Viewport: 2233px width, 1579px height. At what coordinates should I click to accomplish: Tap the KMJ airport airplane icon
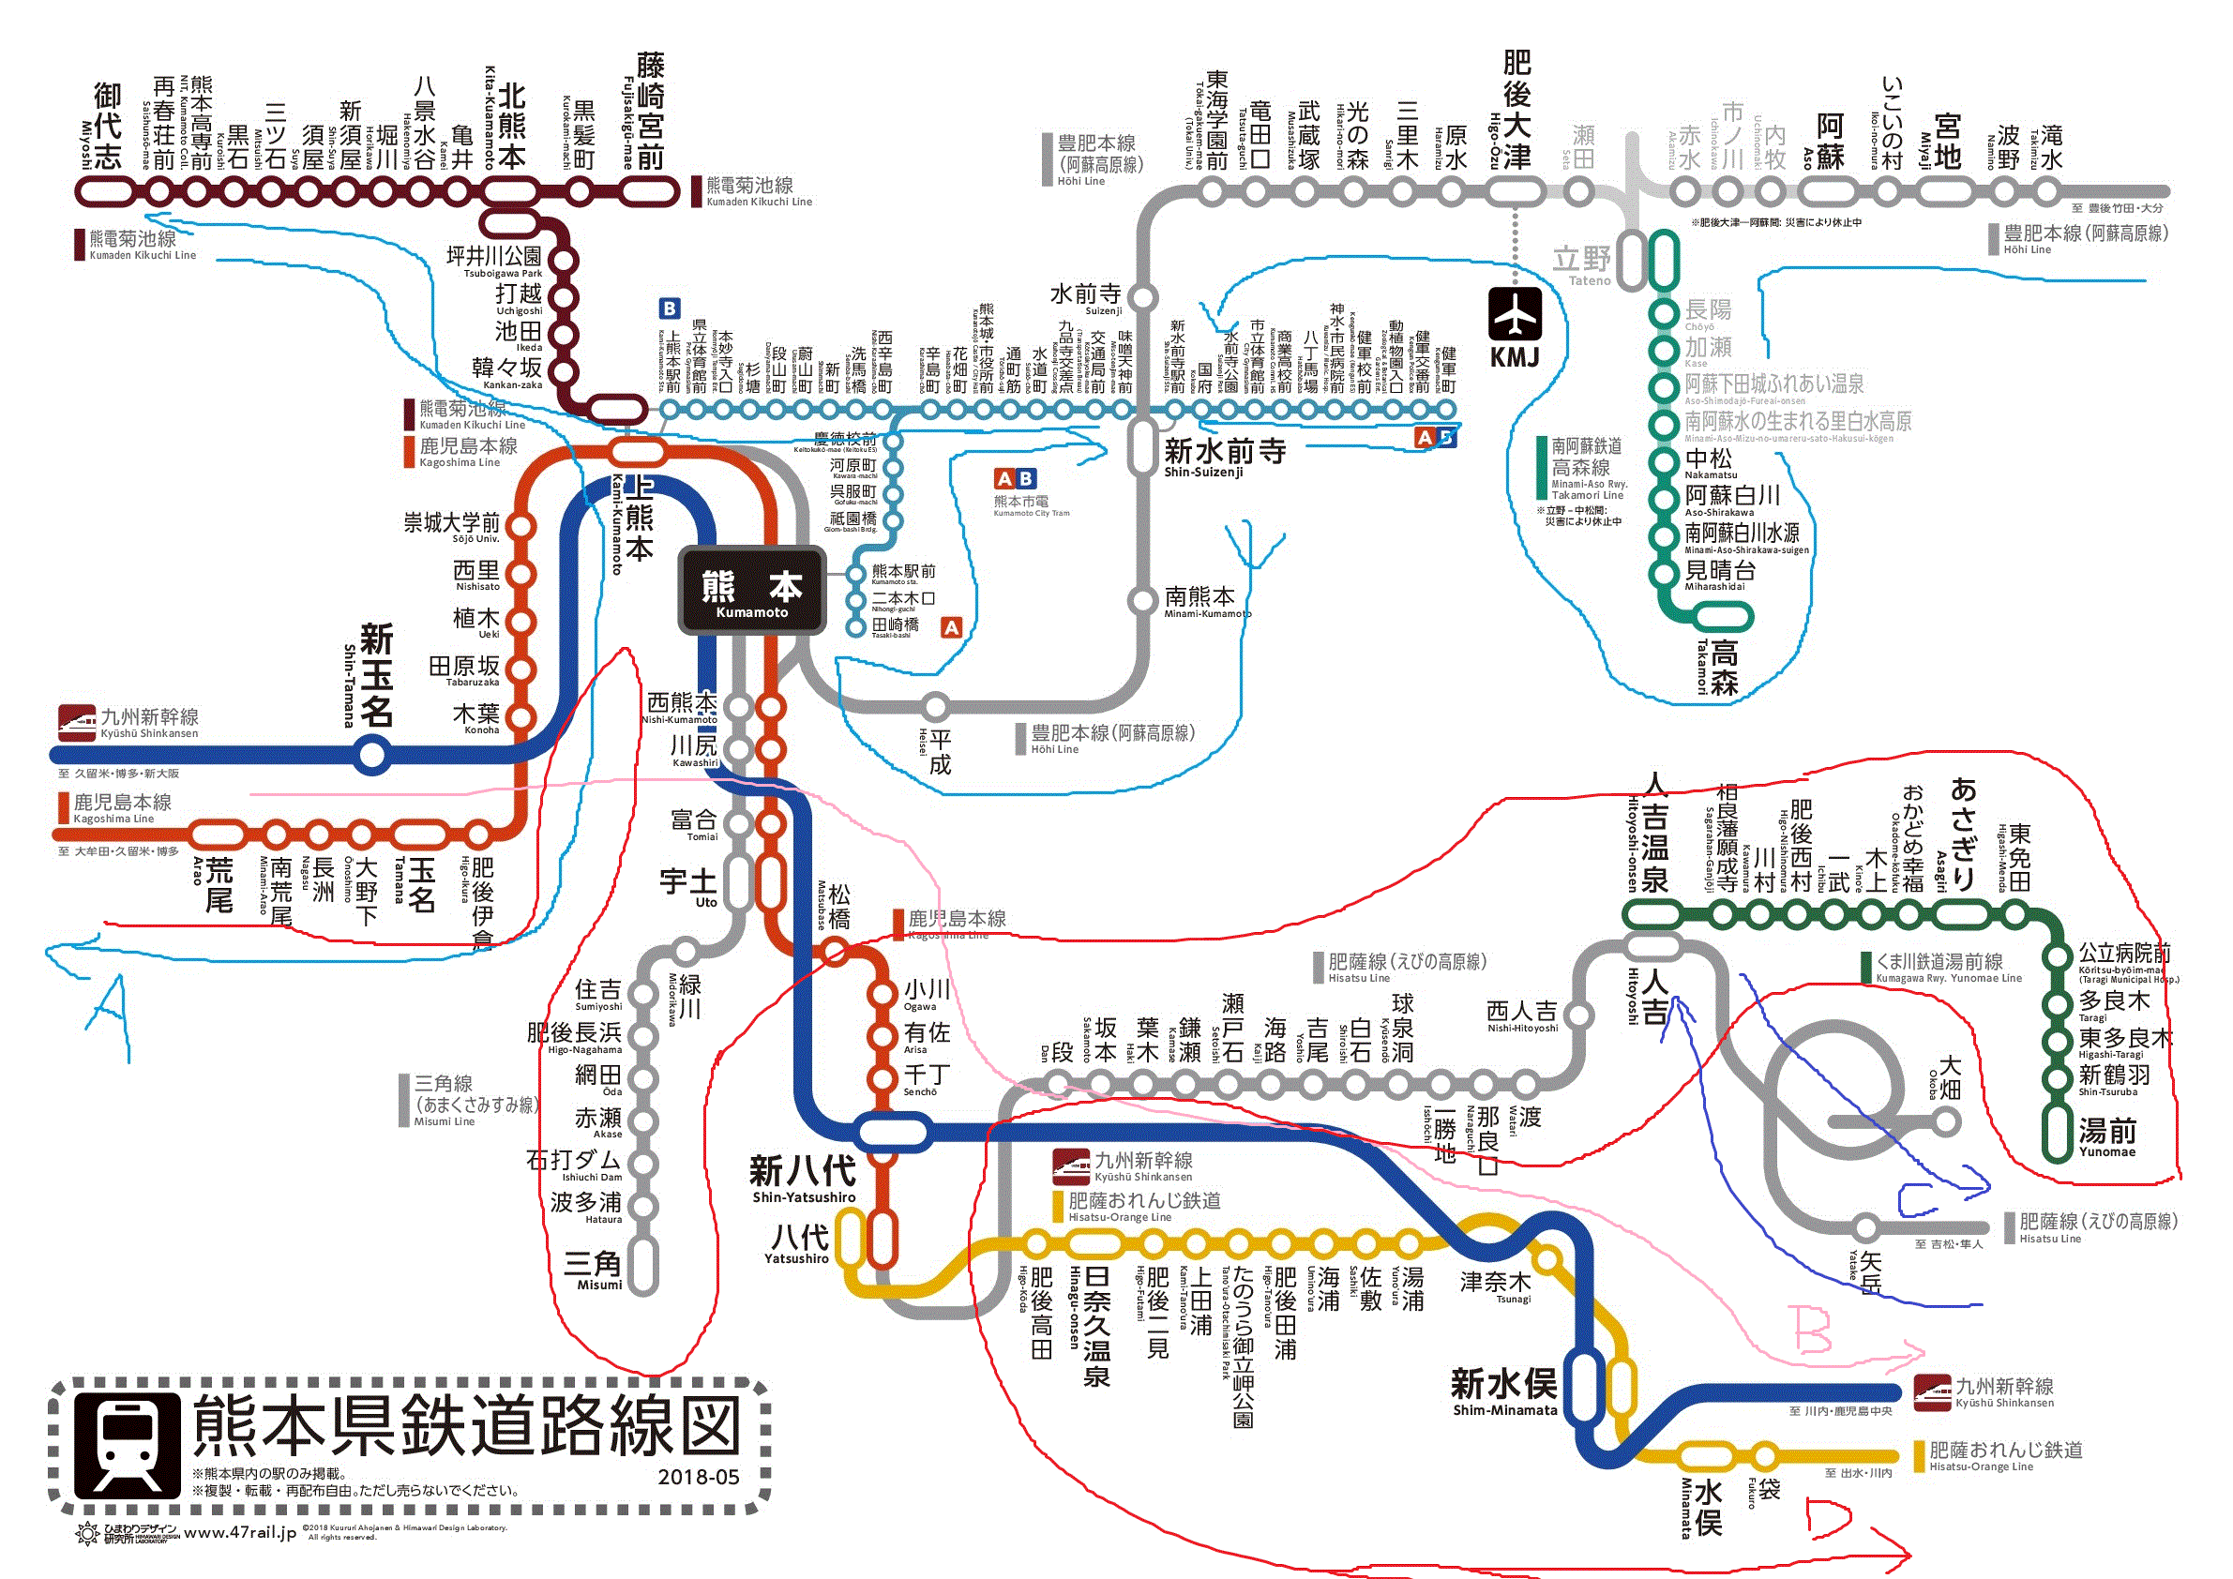pos(1515,314)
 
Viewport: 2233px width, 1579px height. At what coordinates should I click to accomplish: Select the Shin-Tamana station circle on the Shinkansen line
pos(372,755)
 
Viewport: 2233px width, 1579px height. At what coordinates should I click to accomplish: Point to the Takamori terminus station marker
pos(1723,616)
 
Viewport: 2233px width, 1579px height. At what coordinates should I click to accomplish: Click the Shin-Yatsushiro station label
pos(804,1177)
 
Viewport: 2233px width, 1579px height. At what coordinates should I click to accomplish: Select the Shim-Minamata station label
pos(1503,1390)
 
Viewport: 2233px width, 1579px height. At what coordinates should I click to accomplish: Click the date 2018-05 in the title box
pos(699,1477)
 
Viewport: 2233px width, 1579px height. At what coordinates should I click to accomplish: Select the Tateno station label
pos(1582,263)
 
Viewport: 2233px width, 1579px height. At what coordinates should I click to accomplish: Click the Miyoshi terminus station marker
pos(105,190)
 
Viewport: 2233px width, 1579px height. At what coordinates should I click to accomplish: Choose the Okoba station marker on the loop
pos(1945,1123)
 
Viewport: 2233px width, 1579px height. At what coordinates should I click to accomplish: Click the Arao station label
pos(218,882)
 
